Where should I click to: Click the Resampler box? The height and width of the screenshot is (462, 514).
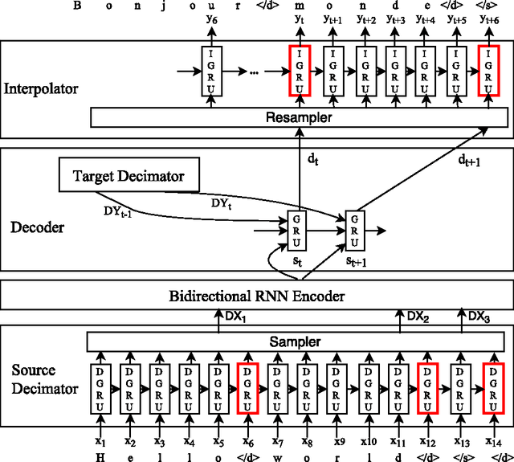[x=298, y=117]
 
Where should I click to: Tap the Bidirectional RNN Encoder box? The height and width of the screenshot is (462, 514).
[x=257, y=296]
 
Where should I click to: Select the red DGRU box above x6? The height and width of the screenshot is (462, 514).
[x=248, y=389]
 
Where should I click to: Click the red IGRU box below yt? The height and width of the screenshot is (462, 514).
[x=299, y=71]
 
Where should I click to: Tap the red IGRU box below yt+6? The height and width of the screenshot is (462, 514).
[x=487, y=71]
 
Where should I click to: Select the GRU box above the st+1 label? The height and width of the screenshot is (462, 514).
[x=355, y=231]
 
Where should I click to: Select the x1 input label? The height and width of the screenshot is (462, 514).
[x=100, y=440]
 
